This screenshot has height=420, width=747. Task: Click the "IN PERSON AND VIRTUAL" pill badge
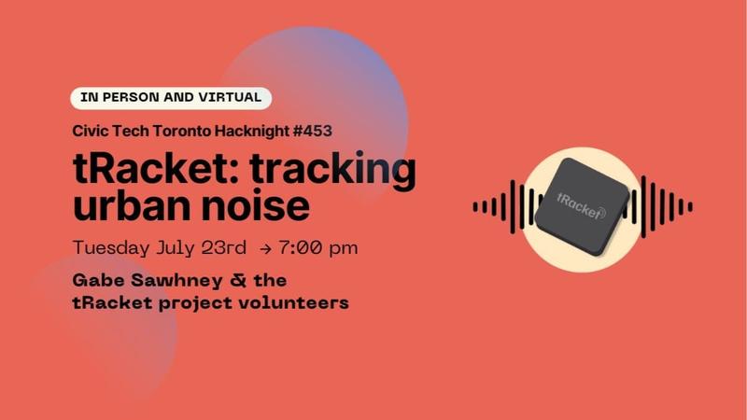[x=171, y=98]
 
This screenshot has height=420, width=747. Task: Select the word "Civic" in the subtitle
[x=92, y=131]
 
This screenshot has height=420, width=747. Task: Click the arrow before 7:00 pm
[x=267, y=249]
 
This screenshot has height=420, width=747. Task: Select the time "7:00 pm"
[x=317, y=248]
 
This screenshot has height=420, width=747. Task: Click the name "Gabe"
[x=98, y=280]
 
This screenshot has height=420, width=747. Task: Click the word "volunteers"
[x=298, y=302]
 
